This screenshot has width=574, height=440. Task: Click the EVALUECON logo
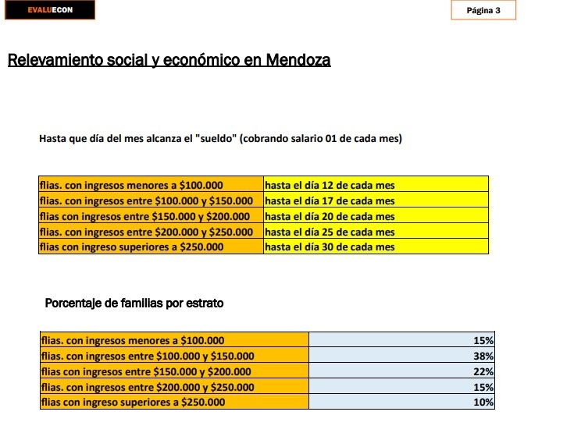pos(50,10)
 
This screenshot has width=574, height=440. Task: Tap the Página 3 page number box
pos(483,10)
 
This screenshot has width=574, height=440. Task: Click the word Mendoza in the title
pos(298,60)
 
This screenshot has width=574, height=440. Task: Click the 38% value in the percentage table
pos(483,356)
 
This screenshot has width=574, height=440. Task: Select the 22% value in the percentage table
pos(483,371)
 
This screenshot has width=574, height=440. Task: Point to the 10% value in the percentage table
pos(483,402)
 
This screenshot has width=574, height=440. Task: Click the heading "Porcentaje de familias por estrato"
pos(134,303)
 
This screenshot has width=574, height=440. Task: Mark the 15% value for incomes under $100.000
pos(483,340)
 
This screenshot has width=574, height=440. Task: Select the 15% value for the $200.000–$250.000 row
pos(483,387)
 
